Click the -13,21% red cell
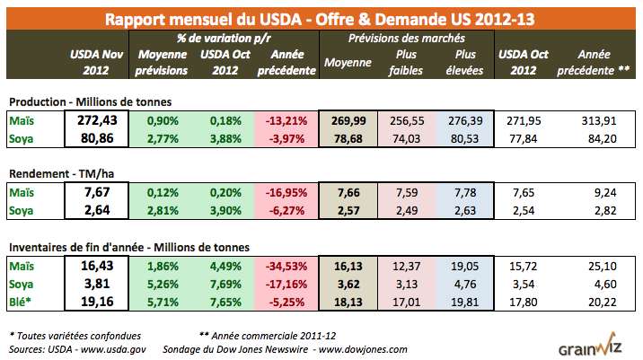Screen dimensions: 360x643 coord(286,120)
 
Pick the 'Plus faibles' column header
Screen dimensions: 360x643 coord(404,63)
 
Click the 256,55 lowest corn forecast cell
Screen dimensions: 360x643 coord(404,120)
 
